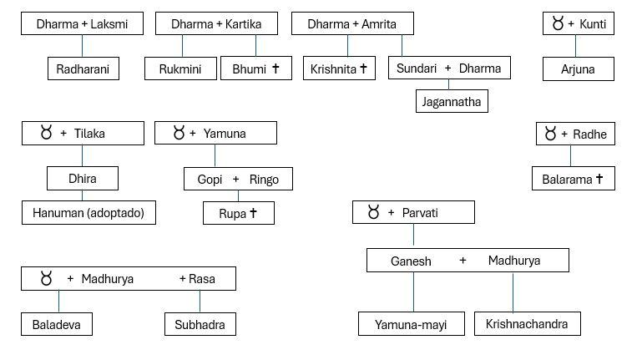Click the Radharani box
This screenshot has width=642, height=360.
point(83,68)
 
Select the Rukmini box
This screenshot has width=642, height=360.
point(180,68)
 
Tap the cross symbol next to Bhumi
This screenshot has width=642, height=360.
point(276,68)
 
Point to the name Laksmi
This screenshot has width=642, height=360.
point(109,24)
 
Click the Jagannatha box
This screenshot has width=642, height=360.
point(452,101)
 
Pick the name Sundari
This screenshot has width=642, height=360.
point(417,68)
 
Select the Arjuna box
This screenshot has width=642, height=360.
point(578,68)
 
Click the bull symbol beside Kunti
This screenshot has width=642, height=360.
point(558,23)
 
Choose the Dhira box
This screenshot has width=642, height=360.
point(83,178)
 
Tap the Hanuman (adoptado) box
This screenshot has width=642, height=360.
point(88,212)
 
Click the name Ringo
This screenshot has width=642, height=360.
point(264,180)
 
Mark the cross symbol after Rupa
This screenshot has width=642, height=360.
point(253,212)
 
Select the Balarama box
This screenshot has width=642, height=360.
point(574,179)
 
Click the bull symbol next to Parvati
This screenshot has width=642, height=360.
point(373,212)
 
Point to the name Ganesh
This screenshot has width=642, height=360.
point(411,261)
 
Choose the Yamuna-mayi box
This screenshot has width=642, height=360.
point(412,324)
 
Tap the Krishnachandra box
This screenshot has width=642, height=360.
point(528,324)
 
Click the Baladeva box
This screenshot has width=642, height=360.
point(57,324)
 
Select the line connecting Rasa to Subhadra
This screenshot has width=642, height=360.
point(200,302)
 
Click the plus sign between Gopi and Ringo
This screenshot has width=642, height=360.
point(235,179)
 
